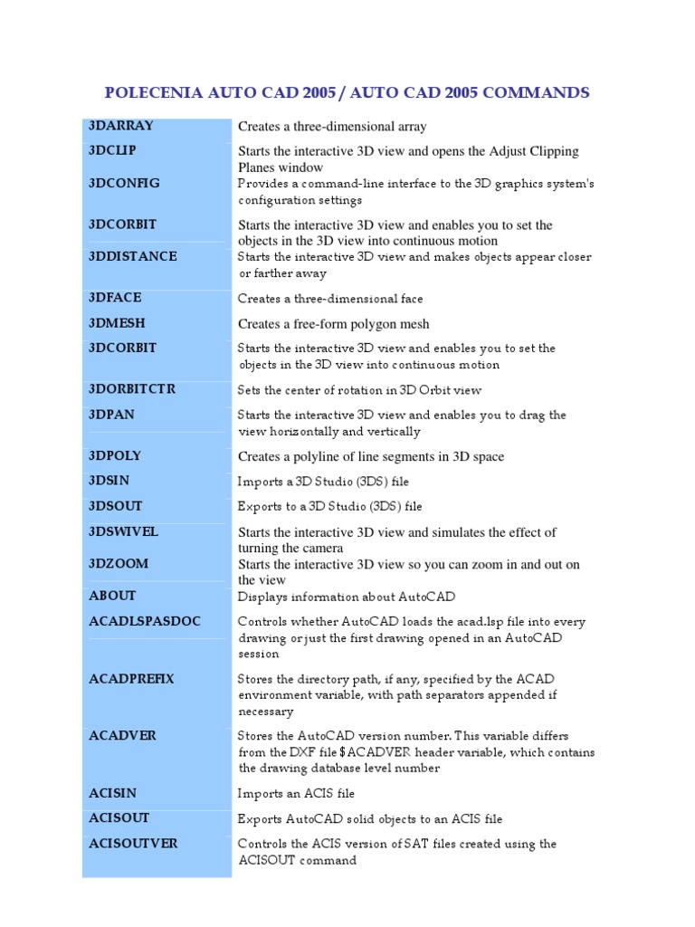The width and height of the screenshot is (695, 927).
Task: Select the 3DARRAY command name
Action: point(121,126)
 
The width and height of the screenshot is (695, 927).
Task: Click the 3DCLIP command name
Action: point(113,150)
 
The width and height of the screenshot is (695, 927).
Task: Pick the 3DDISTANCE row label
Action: point(133,256)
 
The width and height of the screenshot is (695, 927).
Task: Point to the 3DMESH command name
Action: point(118,323)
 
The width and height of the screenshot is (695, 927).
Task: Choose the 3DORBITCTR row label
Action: point(132,389)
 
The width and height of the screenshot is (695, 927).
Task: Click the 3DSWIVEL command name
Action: point(124,531)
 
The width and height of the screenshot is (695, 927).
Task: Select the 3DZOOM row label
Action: point(119,563)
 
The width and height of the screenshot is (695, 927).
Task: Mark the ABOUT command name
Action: point(112,596)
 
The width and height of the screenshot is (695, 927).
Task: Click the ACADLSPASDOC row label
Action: point(145,621)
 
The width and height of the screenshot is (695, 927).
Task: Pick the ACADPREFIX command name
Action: point(132,678)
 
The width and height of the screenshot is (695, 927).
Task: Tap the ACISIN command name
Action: point(113,793)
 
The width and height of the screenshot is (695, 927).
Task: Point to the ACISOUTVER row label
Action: point(133,844)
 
